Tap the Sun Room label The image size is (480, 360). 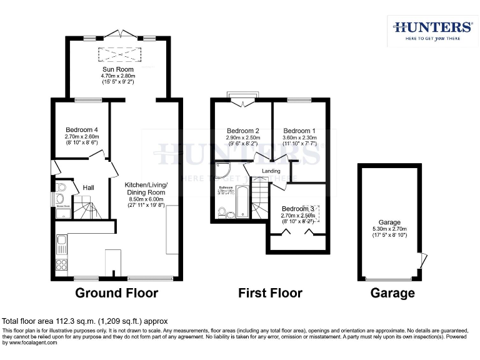point(118,69)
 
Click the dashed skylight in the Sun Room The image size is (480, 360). point(118,53)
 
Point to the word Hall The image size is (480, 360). point(89,187)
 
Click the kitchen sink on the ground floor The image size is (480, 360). point(61,241)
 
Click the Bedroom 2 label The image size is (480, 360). point(243,131)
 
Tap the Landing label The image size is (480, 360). point(271,171)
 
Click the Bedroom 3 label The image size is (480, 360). point(297,209)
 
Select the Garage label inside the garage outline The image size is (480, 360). point(389,222)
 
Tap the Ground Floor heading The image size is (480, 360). point(116,292)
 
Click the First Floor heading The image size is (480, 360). point(271,292)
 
